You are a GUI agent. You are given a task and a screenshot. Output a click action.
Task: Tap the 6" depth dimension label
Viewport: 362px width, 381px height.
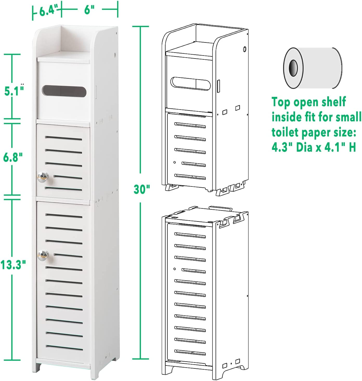[89, 11]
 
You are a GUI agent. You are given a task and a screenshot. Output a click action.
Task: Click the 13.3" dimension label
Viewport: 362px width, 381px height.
[13, 265]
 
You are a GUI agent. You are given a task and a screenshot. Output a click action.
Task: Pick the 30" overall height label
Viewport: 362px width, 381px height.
[142, 189]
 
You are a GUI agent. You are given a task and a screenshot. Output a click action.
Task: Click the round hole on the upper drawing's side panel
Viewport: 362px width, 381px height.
[244, 49]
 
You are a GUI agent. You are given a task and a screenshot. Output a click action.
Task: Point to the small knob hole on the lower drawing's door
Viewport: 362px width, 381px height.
[174, 269]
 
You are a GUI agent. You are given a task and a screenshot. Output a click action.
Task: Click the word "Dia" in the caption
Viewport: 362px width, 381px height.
[305, 148]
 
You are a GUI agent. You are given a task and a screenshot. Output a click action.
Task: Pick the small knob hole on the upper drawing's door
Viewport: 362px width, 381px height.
[174, 163]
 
